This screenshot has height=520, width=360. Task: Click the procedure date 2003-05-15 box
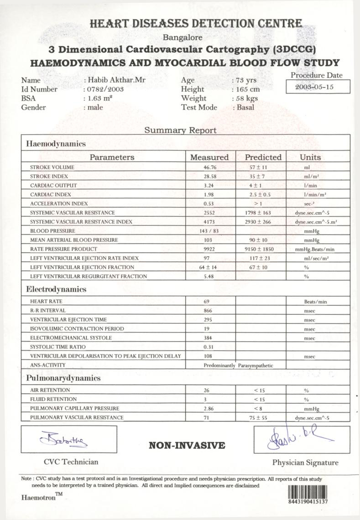318,87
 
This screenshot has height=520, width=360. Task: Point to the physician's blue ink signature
296,437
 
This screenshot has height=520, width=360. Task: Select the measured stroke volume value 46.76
209,167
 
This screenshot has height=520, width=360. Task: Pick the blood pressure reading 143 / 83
209,231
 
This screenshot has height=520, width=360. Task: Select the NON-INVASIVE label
187,446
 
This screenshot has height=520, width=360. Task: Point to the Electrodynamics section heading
56,289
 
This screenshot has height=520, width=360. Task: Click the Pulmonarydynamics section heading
63,378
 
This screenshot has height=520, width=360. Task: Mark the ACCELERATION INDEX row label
59,203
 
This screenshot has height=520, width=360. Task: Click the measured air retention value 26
207,390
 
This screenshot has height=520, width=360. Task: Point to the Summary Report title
181,130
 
